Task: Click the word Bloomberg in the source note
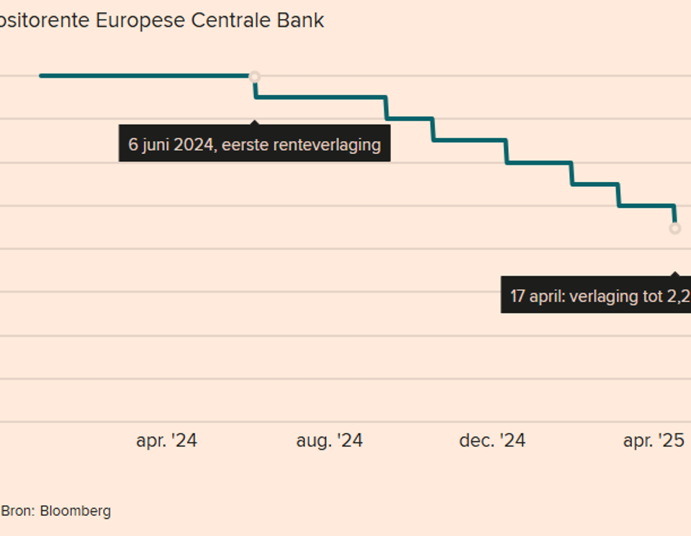76,512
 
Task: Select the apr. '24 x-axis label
166,440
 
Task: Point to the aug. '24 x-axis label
329,440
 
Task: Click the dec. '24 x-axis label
492,440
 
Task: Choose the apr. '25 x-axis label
654,440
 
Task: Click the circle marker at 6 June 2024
254,77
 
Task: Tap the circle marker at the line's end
675,229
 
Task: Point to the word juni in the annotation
159,144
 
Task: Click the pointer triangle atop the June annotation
255,122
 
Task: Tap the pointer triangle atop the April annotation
675,274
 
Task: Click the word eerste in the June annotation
243,144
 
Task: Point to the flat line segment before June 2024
144,75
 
